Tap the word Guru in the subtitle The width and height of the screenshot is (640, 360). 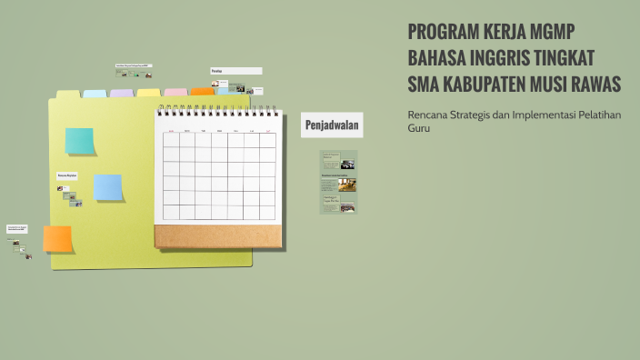(418, 128)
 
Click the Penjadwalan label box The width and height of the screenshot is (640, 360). (332, 125)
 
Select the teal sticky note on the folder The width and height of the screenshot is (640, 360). (80, 141)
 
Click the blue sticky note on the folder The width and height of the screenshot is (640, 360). (108, 187)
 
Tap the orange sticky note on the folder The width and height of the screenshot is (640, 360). (57, 238)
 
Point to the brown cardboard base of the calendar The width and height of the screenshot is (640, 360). (218, 235)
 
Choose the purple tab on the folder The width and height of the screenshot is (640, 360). (122, 93)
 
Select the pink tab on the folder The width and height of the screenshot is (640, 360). (175, 92)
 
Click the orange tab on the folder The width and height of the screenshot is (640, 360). (202, 92)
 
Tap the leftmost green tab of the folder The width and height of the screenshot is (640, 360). (68, 94)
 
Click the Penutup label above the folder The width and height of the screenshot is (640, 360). (235, 71)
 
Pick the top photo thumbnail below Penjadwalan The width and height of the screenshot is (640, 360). (347, 165)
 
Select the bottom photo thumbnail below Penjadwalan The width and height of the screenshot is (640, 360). (347, 208)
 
